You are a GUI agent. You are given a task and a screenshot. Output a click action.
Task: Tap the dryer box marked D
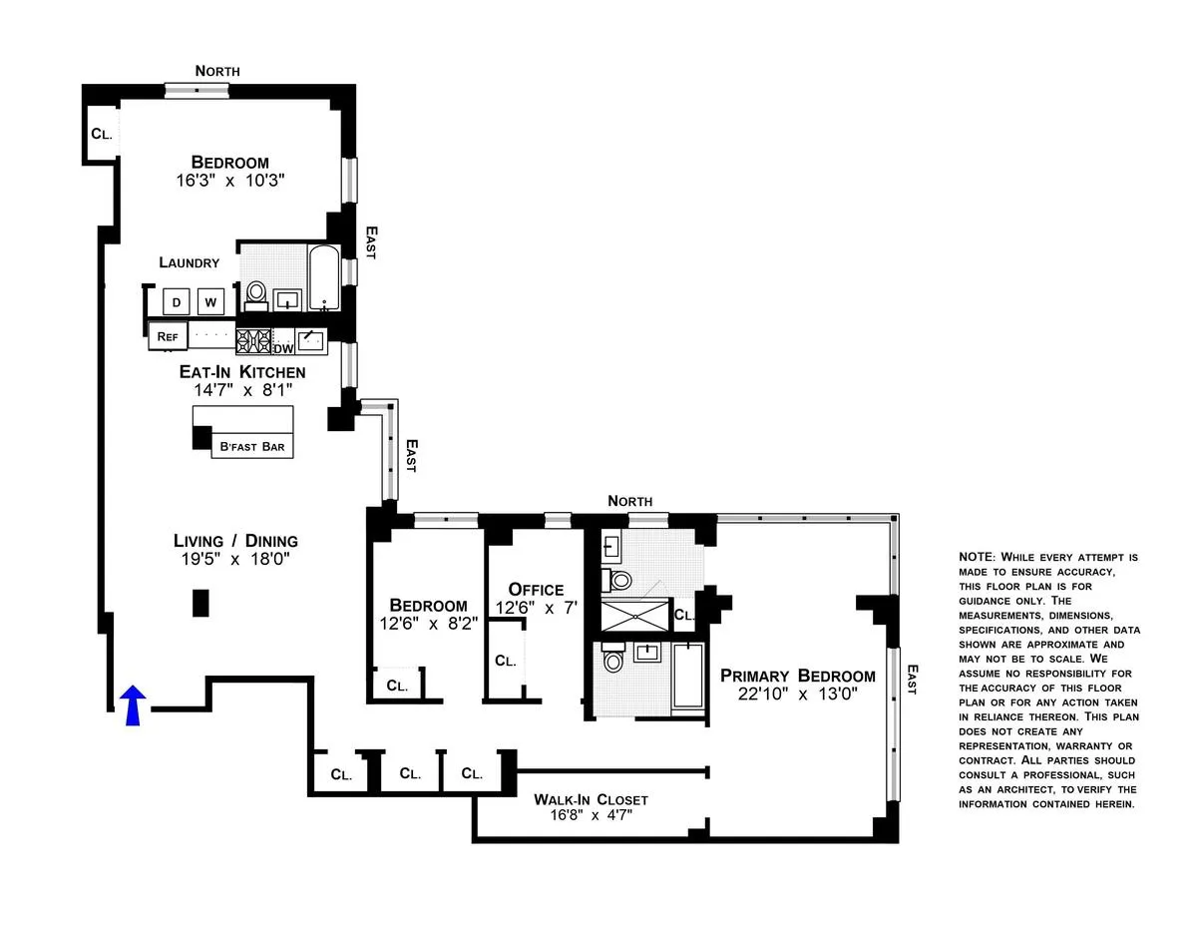click(177, 302)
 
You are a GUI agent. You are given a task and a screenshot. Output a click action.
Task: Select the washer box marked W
click(210, 302)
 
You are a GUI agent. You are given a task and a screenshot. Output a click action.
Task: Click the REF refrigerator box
click(167, 337)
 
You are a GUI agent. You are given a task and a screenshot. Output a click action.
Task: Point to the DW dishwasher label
click(283, 348)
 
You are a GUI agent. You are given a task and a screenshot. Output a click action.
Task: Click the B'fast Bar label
click(252, 446)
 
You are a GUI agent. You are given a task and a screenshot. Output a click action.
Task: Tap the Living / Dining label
click(235, 541)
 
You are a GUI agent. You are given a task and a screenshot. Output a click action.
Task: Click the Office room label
click(536, 590)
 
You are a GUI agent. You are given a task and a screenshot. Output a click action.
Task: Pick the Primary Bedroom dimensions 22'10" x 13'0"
click(798, 694)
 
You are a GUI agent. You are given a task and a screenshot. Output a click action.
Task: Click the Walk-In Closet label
click(591, 799)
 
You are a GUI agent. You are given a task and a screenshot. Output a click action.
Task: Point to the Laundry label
click(189, 262)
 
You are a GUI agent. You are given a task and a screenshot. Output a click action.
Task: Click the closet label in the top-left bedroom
click(100, 134)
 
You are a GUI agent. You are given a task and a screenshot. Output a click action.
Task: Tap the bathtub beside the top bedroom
click(323, 279)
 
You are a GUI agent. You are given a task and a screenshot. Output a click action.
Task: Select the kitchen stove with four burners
click(253, 341)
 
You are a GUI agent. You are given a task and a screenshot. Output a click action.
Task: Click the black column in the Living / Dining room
click(200, 604)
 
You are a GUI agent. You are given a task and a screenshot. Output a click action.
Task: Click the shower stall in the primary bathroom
click(634, 617)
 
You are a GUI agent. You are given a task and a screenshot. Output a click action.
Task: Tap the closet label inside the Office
click(506, 661)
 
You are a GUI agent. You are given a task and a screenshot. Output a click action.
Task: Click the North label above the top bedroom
click(217, 71)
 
